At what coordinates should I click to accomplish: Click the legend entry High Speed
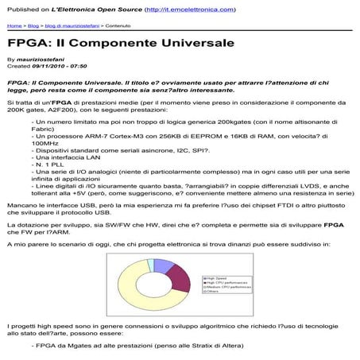pos(210,278)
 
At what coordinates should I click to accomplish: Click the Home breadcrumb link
pos(15,25)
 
